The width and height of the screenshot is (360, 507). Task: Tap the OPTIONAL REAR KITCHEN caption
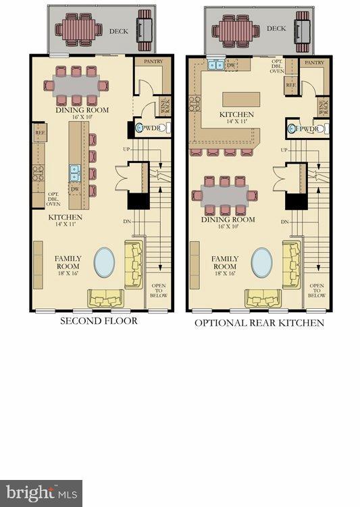259,323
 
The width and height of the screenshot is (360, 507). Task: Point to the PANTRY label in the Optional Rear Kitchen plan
314,62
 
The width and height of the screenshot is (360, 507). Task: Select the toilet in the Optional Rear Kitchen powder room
293,128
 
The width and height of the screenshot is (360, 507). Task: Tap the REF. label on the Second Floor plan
39,135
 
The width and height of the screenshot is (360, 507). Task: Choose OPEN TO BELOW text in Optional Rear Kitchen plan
316,290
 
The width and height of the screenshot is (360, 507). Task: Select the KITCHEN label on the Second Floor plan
65,218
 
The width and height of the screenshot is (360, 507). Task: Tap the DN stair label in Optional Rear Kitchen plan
285,221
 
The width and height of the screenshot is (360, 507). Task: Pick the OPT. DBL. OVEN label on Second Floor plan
53,197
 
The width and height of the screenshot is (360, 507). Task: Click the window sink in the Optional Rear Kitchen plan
217,65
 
